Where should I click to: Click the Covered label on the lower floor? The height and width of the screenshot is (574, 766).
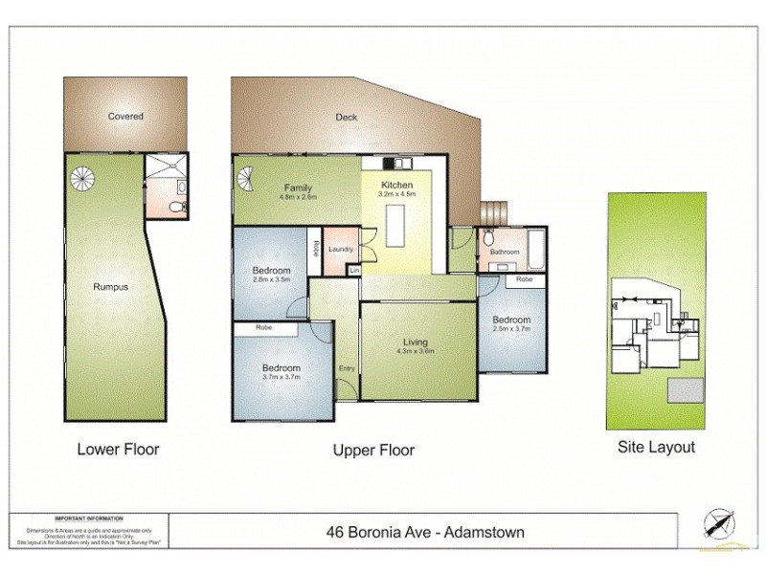tap(125, 117)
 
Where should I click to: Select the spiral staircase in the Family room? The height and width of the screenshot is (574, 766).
tap(248, 179)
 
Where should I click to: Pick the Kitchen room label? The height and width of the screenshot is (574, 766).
tap(396, 185)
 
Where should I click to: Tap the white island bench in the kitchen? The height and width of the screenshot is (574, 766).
tap(396, 231)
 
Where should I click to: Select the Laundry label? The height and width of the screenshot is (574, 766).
tap(340, 250)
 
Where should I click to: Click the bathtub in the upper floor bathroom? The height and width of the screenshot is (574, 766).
tap(535, 250)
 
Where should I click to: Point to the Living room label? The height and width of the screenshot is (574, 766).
tap(415, 342)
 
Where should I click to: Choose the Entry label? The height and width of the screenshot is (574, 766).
tap(347, 368)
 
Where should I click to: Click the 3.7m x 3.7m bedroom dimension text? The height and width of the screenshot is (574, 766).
tap(282, 378)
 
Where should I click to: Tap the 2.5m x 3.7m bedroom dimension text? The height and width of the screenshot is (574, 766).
tap(510, 329)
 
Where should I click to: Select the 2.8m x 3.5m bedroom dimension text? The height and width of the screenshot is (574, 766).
tap(270, 280)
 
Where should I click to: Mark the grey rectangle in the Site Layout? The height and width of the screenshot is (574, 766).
tap(686, 390)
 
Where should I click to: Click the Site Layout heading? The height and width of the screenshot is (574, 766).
tap(656, 447)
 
